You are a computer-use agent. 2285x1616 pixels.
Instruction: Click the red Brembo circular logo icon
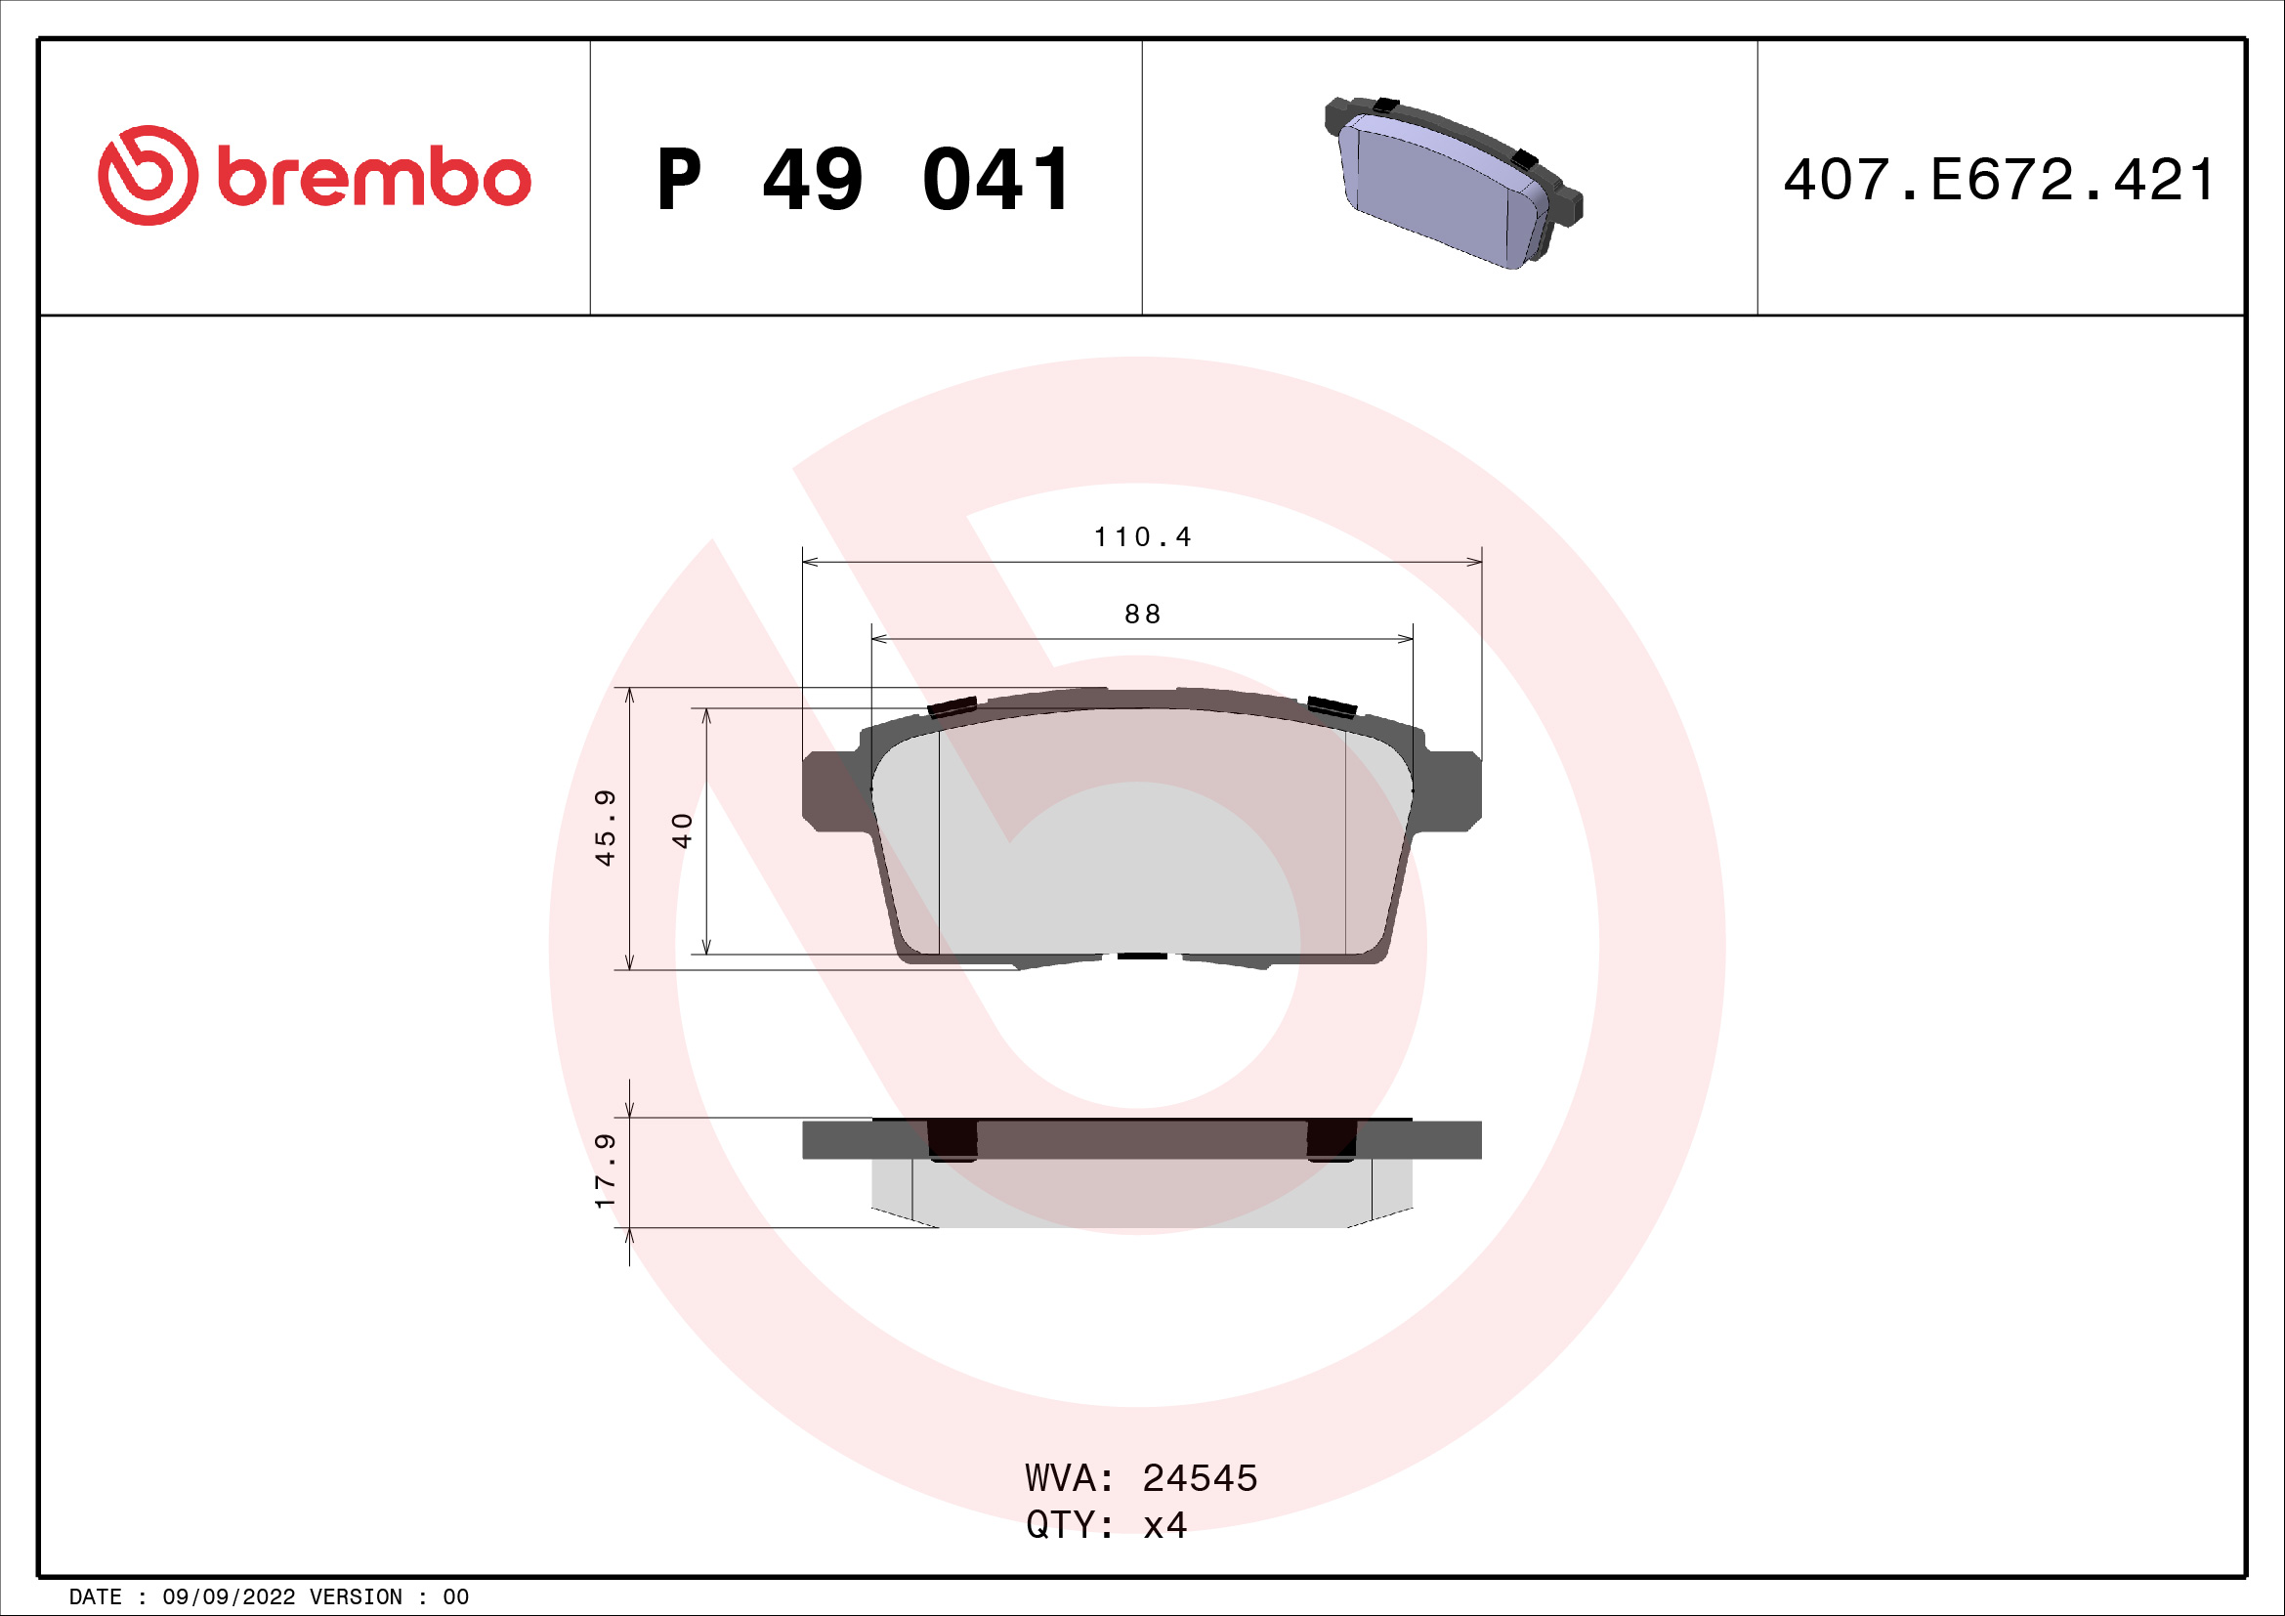(x=148, y=175)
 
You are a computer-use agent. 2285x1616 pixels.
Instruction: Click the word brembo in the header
(x=373, y=178)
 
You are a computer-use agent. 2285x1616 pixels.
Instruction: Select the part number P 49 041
(x=864, y=180)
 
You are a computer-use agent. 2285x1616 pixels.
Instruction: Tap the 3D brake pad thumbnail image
(x=1452, y=184)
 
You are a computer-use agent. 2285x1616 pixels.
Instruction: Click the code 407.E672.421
(x=2000, y=180)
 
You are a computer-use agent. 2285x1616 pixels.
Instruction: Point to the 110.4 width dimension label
(x=1141, y=537)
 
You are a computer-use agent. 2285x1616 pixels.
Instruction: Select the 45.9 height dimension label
(x=605, y=828)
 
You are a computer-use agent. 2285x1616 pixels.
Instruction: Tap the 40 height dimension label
(x=682, y=829)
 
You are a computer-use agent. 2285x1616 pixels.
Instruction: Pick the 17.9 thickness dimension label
(x=605, y=1171)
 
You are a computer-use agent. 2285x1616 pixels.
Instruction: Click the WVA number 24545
(x=1200, y=1478)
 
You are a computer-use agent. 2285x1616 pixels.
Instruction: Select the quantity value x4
(x=1164, y=1525)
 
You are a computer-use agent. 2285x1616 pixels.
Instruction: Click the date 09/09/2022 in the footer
(x=228, y=1597)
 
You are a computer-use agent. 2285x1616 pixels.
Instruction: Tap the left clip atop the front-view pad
(x=952, y=706)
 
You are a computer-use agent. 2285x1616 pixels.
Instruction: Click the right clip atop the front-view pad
(x=1332, y=706)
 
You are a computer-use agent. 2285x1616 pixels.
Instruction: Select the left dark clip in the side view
(x=952, y=1140)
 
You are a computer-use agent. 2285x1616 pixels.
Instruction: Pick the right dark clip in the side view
(x=1331, y=1140)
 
